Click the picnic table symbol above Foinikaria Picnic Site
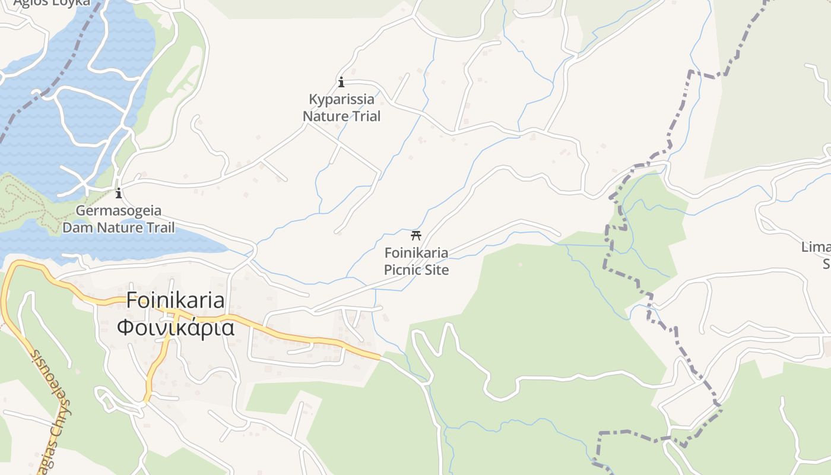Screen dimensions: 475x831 416,235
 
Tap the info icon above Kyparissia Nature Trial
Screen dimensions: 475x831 341,82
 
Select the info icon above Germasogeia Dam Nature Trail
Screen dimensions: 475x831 119,193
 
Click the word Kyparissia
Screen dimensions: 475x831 341,99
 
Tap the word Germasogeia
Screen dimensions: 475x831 119,211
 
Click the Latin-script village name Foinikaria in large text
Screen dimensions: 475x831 176,300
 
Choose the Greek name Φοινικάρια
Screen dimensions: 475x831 176,327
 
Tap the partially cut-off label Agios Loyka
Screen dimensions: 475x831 52,2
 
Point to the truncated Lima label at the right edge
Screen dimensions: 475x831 816,247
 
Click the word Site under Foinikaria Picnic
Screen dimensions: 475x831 436,270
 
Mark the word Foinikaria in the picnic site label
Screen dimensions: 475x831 416,253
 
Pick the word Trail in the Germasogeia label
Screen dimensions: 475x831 160,227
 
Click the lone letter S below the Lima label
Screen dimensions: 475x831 826,263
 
